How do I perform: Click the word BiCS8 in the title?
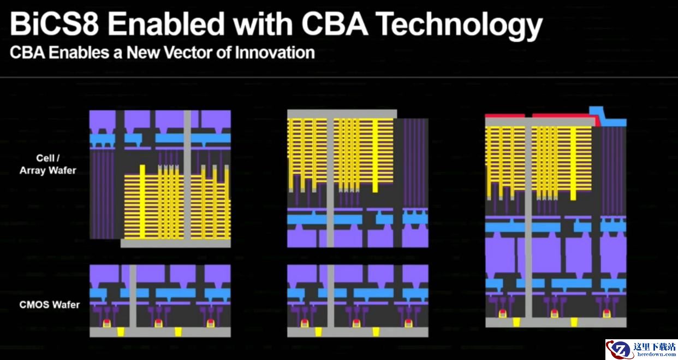pos(54,24)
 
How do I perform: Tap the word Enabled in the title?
pos(166,24)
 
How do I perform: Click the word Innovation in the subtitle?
pos(275,52)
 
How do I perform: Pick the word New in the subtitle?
pos(143,52)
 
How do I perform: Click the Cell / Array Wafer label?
pos(48,164)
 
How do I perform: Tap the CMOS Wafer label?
pos(50,305)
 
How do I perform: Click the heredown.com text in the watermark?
pos(656,354)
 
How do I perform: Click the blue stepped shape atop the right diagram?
pos(607,117)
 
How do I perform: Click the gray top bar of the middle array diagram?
pos(342,114)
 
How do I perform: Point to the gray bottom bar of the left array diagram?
pos(176,244)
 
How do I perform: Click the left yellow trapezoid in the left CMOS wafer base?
pos(121,332)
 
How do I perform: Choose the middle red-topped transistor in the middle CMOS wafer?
pos(356,323)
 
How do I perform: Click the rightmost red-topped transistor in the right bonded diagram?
pos(606,313)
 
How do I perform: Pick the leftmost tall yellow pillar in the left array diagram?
pos(142,202)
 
